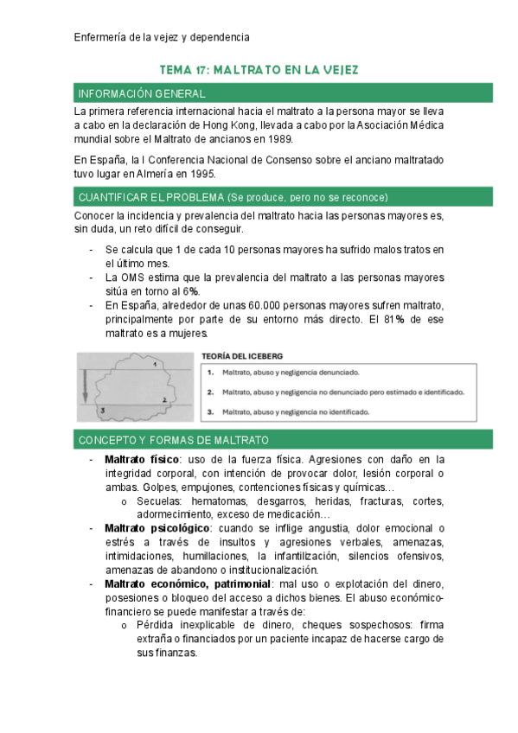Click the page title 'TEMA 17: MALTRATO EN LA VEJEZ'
point(259,69)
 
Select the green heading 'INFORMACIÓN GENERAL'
point(141,93)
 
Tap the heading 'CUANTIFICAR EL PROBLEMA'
point(152,197)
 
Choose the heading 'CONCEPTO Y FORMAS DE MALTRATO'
point(173,440)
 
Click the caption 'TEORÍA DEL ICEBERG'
point(241,355)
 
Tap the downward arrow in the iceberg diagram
point(85,383)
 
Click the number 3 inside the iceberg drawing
point(101,411)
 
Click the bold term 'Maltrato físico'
point(142,459)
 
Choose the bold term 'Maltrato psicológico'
point(157,528)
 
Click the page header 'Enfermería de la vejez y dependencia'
point(163,37)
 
